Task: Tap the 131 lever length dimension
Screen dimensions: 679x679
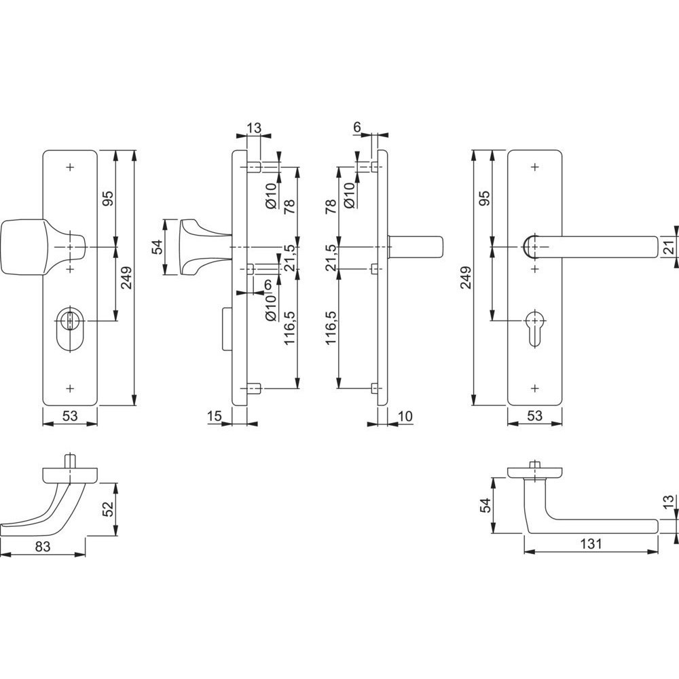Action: tap(591, 543)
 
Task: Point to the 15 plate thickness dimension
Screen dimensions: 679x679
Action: tap(215, 416)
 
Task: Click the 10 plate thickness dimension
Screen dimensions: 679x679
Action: tap(405, 416)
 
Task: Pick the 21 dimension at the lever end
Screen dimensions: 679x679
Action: tap(669, 247)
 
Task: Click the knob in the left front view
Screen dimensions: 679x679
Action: tap(41, 247)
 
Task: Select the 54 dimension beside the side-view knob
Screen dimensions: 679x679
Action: tap(158, 247)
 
